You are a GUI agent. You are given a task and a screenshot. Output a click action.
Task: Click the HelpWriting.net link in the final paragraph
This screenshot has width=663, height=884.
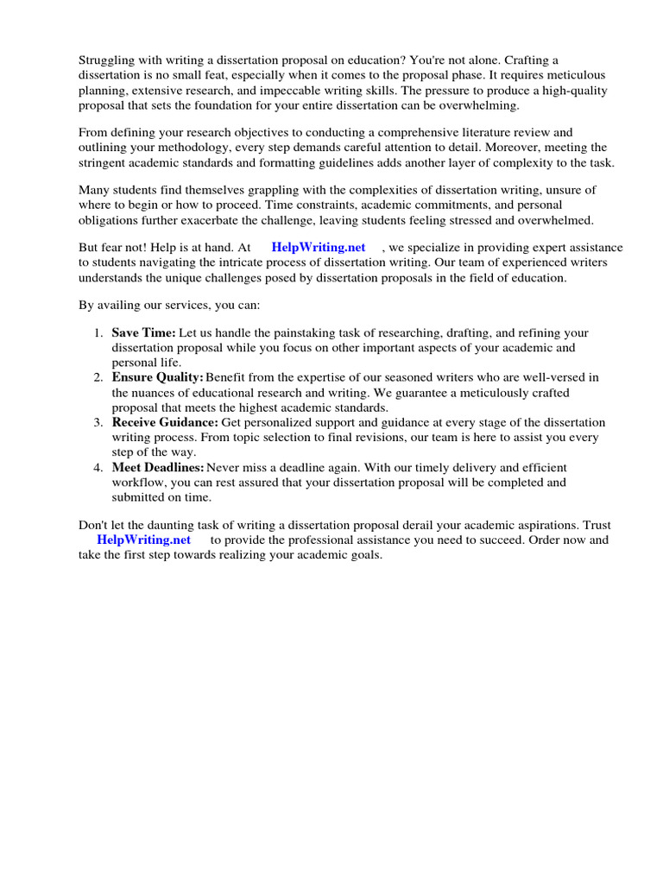pyautogui.click(x=143, y=540)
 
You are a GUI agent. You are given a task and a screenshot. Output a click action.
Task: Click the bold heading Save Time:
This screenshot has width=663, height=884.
pyautogui.click(x=143, y=333)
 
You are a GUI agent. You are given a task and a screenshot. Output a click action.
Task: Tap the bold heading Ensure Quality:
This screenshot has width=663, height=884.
pyautogui.click(x=157, y=378)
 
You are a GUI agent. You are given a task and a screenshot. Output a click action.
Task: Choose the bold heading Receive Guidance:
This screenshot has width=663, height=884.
pyautogui.click(x=165, y=423)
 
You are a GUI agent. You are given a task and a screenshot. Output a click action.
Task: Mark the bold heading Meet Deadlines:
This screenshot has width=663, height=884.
pyautogui.click(x=158, y=468)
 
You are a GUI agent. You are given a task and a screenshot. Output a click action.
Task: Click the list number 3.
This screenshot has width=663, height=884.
pyautogui.click(x=97, y=423)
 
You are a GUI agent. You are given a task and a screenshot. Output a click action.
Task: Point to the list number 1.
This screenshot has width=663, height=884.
pyautogui.click(x=97, y=333)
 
